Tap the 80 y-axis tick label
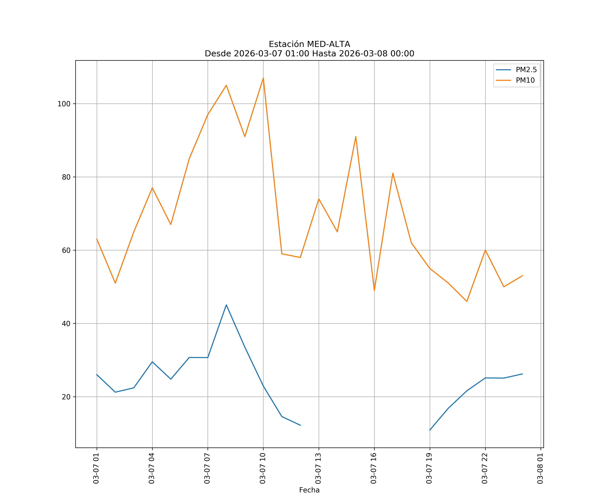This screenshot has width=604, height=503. [66, 177]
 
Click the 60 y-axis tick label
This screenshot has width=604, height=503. [66, 250]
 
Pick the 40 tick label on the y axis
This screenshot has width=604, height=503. [66, 324]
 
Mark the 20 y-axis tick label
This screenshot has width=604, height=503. [66, 397]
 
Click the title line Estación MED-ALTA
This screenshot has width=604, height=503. [309, 44]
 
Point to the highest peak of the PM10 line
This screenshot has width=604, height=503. [263, 78]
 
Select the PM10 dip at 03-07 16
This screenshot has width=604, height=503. [374, 290]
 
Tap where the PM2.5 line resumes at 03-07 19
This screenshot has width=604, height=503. [430, 430]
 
